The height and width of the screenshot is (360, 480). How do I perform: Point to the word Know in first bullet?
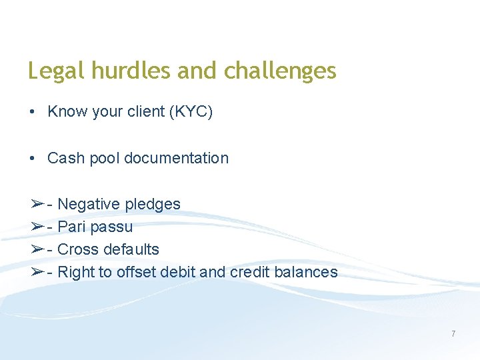(65, 112)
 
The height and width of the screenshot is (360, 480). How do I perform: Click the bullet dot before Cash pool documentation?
(32, 159)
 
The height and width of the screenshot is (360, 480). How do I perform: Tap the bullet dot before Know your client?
(32, 112)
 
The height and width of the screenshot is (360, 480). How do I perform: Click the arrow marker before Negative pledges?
(37, 204)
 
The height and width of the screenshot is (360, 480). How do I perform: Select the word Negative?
(85, 204)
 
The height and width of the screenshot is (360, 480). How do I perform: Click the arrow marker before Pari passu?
(37, 227)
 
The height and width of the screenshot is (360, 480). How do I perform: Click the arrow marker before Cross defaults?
(37, 249)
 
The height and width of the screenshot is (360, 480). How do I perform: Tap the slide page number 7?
(453, 333)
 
